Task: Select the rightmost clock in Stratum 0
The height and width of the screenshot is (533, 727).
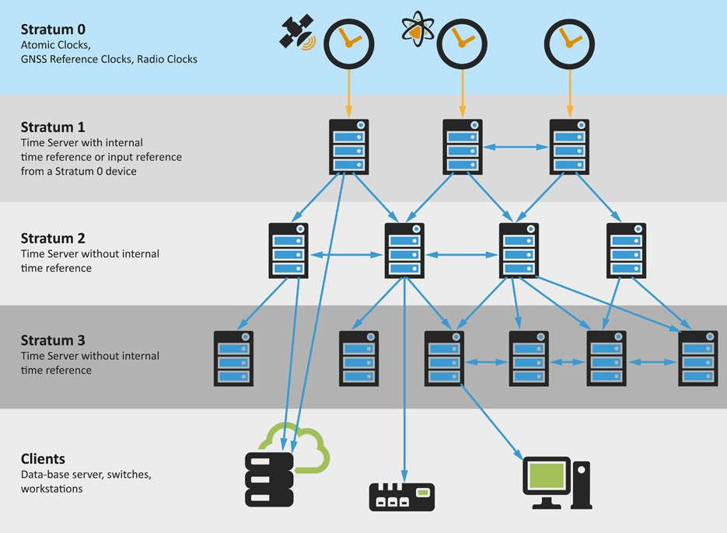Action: tap(568, 43)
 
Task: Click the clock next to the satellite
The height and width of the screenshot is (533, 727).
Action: tap(348, 43)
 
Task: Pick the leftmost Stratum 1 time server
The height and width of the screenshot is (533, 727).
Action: tap(348, 147)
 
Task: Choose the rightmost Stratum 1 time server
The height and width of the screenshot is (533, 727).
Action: tap(568, 147)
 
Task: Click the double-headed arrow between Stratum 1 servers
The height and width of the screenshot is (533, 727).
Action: tap(516, 146)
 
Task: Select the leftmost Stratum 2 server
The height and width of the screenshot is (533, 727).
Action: tap(288, 250)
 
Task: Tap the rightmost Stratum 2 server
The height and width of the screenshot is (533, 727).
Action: tap(626, 250)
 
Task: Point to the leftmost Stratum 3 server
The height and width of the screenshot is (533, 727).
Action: tap(233, 358)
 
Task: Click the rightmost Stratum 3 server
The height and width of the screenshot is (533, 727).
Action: tap(697, 358)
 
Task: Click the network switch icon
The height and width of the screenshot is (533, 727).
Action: tap(401, 496)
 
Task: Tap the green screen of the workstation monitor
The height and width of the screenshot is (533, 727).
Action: tap(547, 475)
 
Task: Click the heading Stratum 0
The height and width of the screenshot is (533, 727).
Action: tap(53, 30)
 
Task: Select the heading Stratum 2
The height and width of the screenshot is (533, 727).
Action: tap(53, 239)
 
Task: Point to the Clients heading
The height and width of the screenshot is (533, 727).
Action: tap(43, 458)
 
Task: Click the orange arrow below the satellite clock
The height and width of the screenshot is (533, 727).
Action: tap(348, 92)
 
